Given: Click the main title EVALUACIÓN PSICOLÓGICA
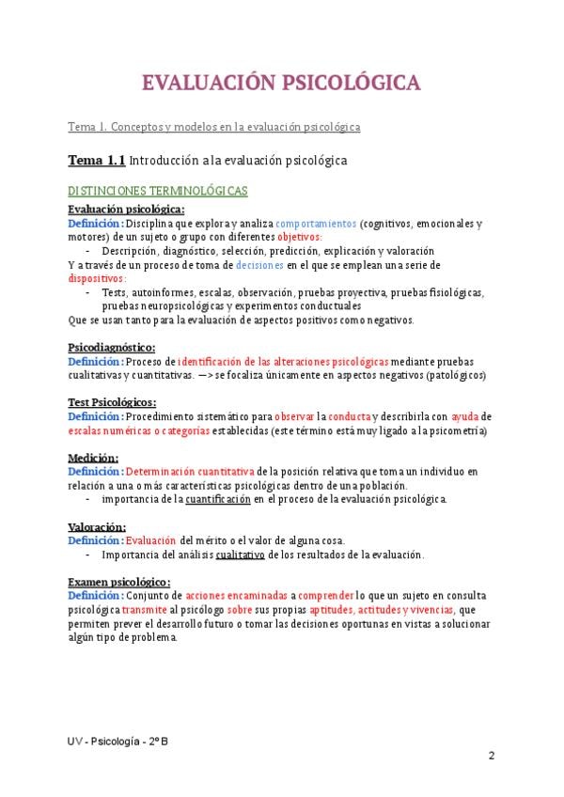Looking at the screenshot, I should [281, 84].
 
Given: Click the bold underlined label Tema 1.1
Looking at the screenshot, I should [96, 160].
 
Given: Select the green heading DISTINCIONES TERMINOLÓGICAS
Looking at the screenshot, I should [158, 191].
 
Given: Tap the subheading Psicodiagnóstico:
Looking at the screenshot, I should [112, 347].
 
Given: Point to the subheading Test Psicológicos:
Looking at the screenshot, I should [112, 401].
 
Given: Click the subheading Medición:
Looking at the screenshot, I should [92, 457].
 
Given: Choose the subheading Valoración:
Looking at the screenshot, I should [97, 526].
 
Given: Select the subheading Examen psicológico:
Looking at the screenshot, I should [119, 582].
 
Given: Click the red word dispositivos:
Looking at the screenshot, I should [98, 278].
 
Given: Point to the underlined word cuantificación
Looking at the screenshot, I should [218, 499].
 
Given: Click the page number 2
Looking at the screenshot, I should [492, 757].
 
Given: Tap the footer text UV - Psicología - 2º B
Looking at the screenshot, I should [119, 740].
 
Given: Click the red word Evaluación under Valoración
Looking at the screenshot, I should [150, 540].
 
